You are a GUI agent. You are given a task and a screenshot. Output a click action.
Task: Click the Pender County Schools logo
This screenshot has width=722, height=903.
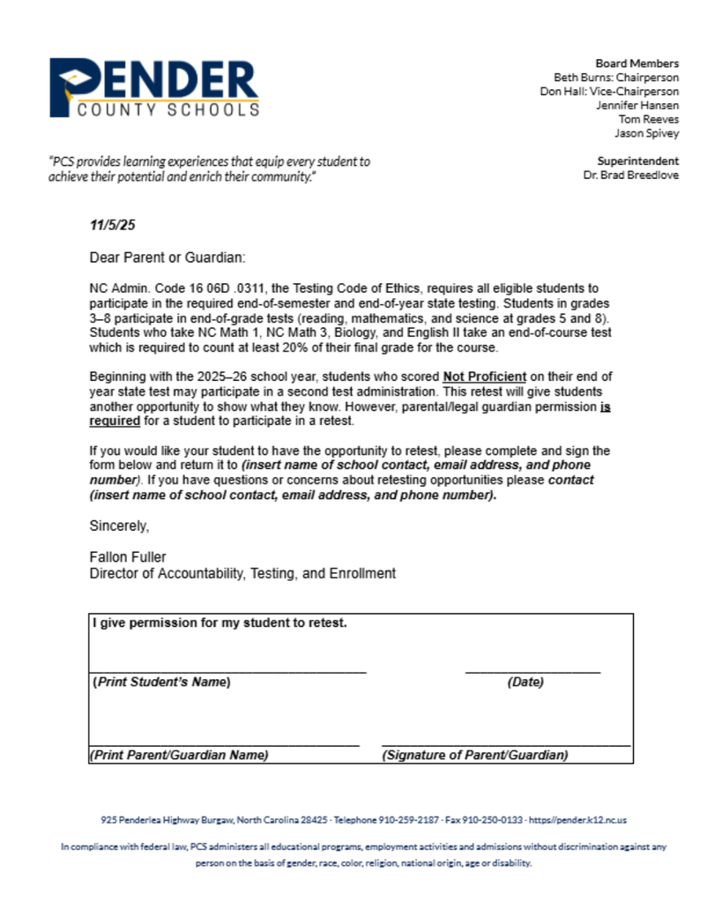click(x=154, y=88)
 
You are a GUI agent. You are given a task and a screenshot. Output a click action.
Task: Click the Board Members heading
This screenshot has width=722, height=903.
click(x=636, y=63)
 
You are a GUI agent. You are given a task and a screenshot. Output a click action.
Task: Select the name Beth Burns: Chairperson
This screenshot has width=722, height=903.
click(x=615, y=78)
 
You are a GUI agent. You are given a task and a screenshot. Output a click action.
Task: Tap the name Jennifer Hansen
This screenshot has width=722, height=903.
click(x=636, y=106)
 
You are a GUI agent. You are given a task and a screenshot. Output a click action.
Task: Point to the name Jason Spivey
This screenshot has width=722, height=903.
click(x=646, y=134)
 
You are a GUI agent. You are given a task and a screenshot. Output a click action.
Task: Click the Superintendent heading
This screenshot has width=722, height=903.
click(x=637, y=161)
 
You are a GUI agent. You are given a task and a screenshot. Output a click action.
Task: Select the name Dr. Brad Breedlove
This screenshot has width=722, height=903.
click(x=630, y=175)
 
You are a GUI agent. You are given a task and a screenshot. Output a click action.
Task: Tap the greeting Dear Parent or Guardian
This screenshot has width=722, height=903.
click(x=167, y=257)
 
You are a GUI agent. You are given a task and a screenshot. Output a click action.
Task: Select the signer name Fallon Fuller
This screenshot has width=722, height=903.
click(x=128, y=557)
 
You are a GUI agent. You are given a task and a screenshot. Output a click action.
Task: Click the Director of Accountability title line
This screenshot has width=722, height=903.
click(x=242, y=573)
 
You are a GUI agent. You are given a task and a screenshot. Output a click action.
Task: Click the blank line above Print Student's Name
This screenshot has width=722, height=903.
click(x=227, y=672)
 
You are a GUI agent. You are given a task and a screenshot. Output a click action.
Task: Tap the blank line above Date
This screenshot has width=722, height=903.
click(x=532, y=672)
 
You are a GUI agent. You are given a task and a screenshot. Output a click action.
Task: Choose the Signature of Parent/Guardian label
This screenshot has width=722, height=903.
click(x=476, y=755)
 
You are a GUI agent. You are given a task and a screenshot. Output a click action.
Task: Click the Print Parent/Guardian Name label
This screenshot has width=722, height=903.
click(x=179, y=755)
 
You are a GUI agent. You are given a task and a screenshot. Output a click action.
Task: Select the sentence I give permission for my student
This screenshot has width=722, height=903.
click(x=220, y=623)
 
